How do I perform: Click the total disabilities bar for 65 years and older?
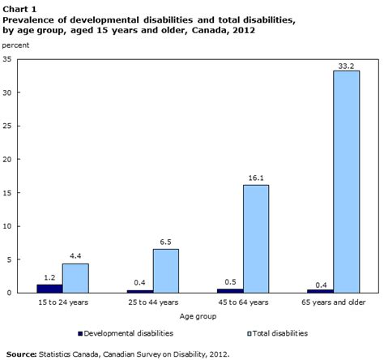(x=346, y=182)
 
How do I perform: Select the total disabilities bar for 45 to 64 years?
(x=255, y=238)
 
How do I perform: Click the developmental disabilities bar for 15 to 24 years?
(x=49, y=288)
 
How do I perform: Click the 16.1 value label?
(x=255, y=178)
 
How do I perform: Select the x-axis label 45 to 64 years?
(x=242, y=302)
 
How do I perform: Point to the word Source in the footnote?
(x=23, y=353)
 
